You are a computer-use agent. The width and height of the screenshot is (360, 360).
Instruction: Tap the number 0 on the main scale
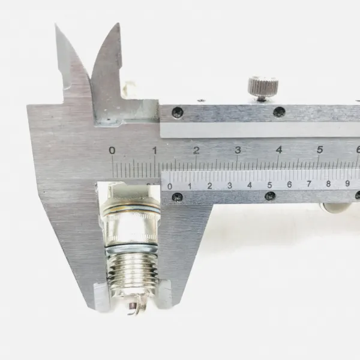tap(112, 151)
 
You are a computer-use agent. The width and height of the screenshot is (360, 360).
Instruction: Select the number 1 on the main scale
tap(155, 151)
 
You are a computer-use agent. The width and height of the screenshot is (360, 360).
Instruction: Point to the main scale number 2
tap(196, 150)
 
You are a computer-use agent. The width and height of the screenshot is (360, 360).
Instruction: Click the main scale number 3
tap(238, 150)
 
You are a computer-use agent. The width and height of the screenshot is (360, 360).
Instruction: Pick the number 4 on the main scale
tap(279, 149)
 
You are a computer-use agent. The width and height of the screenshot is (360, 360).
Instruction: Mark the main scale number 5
tap(320, 149)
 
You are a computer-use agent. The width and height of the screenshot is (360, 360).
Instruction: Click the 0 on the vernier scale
tap(170, 186)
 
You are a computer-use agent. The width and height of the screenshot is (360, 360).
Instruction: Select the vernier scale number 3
tap(230, 185)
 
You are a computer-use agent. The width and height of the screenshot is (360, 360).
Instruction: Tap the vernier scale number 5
tap(269, 185)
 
